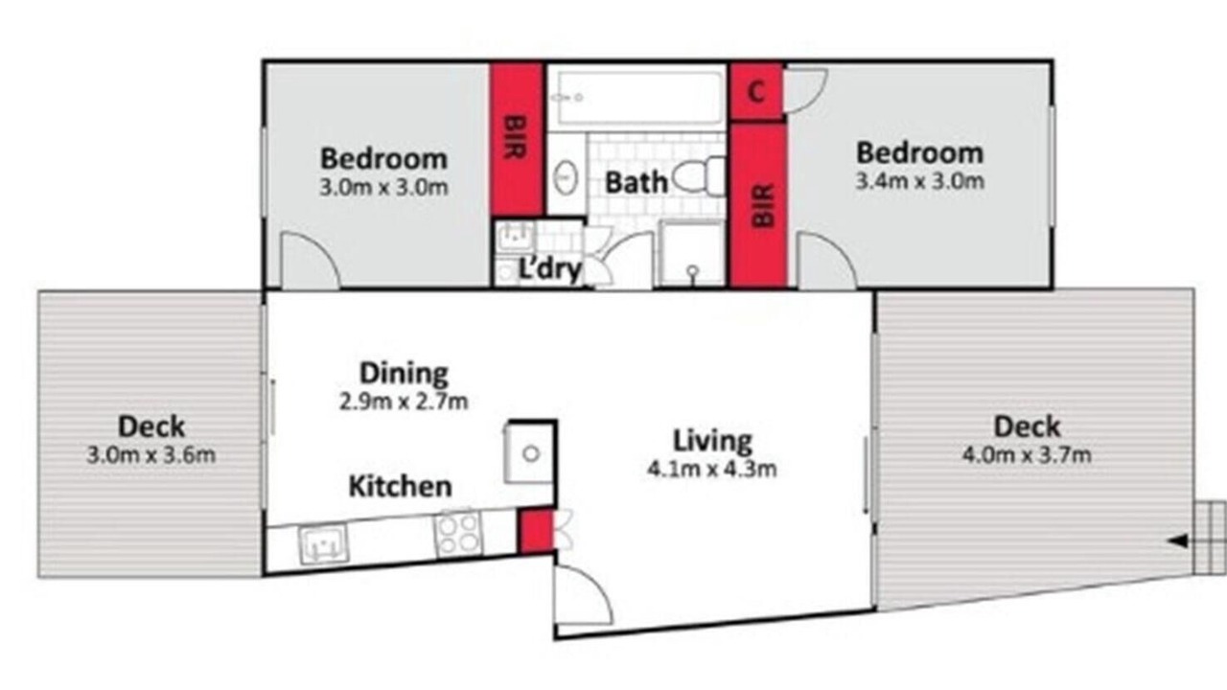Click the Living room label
712,442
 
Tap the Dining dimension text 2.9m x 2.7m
404,402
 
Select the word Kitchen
401,486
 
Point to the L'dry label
549,269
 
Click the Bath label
636,182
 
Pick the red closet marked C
756,92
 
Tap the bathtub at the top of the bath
638,98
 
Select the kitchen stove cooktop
458,534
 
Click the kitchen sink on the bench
324,543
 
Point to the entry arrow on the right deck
1178,541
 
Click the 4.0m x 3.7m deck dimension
1027,455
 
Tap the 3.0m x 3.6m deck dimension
151,455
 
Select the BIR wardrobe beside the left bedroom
516,139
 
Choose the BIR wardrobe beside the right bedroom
758,205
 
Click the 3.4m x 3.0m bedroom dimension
919,181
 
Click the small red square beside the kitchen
536,531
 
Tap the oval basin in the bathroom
566,177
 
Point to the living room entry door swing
584,594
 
